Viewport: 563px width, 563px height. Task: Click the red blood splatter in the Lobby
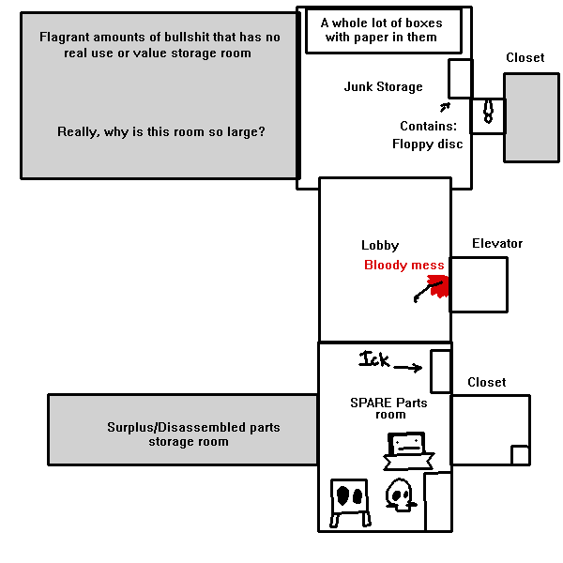[x=435, y=284]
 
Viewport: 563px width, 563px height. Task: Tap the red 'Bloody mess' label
[x=404, y=266]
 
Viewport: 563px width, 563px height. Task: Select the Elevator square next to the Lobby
[x=479, y=284]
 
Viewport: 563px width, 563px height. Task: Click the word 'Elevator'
[x=497, y=244]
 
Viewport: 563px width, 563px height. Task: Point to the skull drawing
[x=402, y=495]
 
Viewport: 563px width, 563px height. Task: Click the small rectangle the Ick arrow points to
[x=440, y=372]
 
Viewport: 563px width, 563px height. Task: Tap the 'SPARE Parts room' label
[x=388, y=408]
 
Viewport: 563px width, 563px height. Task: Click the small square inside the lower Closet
[x=520, y=455]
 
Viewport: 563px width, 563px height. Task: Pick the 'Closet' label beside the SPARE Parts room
[x=486, y=383]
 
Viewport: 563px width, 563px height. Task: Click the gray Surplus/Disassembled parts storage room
[x=183, y=430]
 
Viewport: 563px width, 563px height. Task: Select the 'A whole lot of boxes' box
[x=383, y=31]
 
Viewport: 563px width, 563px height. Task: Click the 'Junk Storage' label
[x=383, y=87]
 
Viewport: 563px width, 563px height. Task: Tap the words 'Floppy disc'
[x=427, y=145]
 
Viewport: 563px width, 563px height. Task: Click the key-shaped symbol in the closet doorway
[x=488, y=112]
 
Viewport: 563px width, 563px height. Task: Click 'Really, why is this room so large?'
[x=161, y=132]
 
